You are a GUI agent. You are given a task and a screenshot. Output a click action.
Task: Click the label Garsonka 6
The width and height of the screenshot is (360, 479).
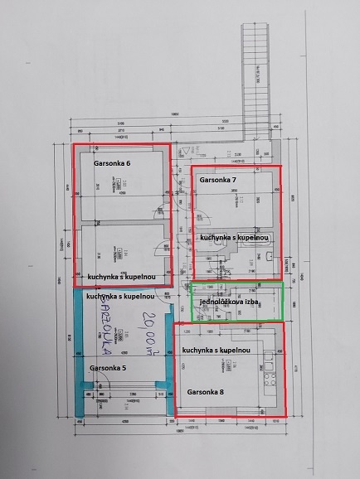(112, 163)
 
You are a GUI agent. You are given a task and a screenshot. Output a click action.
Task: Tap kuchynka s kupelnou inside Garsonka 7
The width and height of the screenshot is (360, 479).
(236, 237)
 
